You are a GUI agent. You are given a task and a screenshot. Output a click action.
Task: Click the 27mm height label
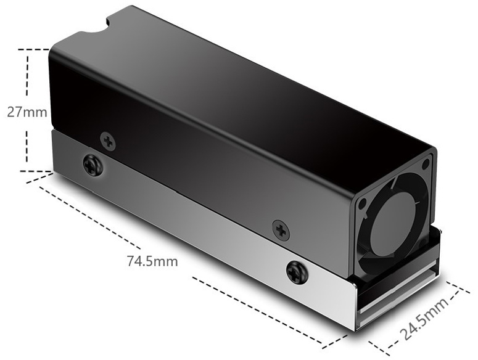coord(27,112)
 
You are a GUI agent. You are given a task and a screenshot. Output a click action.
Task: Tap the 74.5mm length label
coord(152,261)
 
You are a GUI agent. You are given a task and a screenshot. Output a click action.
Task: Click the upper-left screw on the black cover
coord(108,141)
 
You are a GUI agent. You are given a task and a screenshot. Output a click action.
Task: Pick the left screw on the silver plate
coord(93,166)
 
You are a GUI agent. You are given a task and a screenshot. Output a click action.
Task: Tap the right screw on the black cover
coord(281,231)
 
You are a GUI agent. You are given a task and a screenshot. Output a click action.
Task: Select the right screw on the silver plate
coord(297,272)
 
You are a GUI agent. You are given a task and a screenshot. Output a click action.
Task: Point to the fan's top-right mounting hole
coord(425,165)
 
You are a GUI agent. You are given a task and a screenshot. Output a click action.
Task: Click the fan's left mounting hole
coord(363,203)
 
